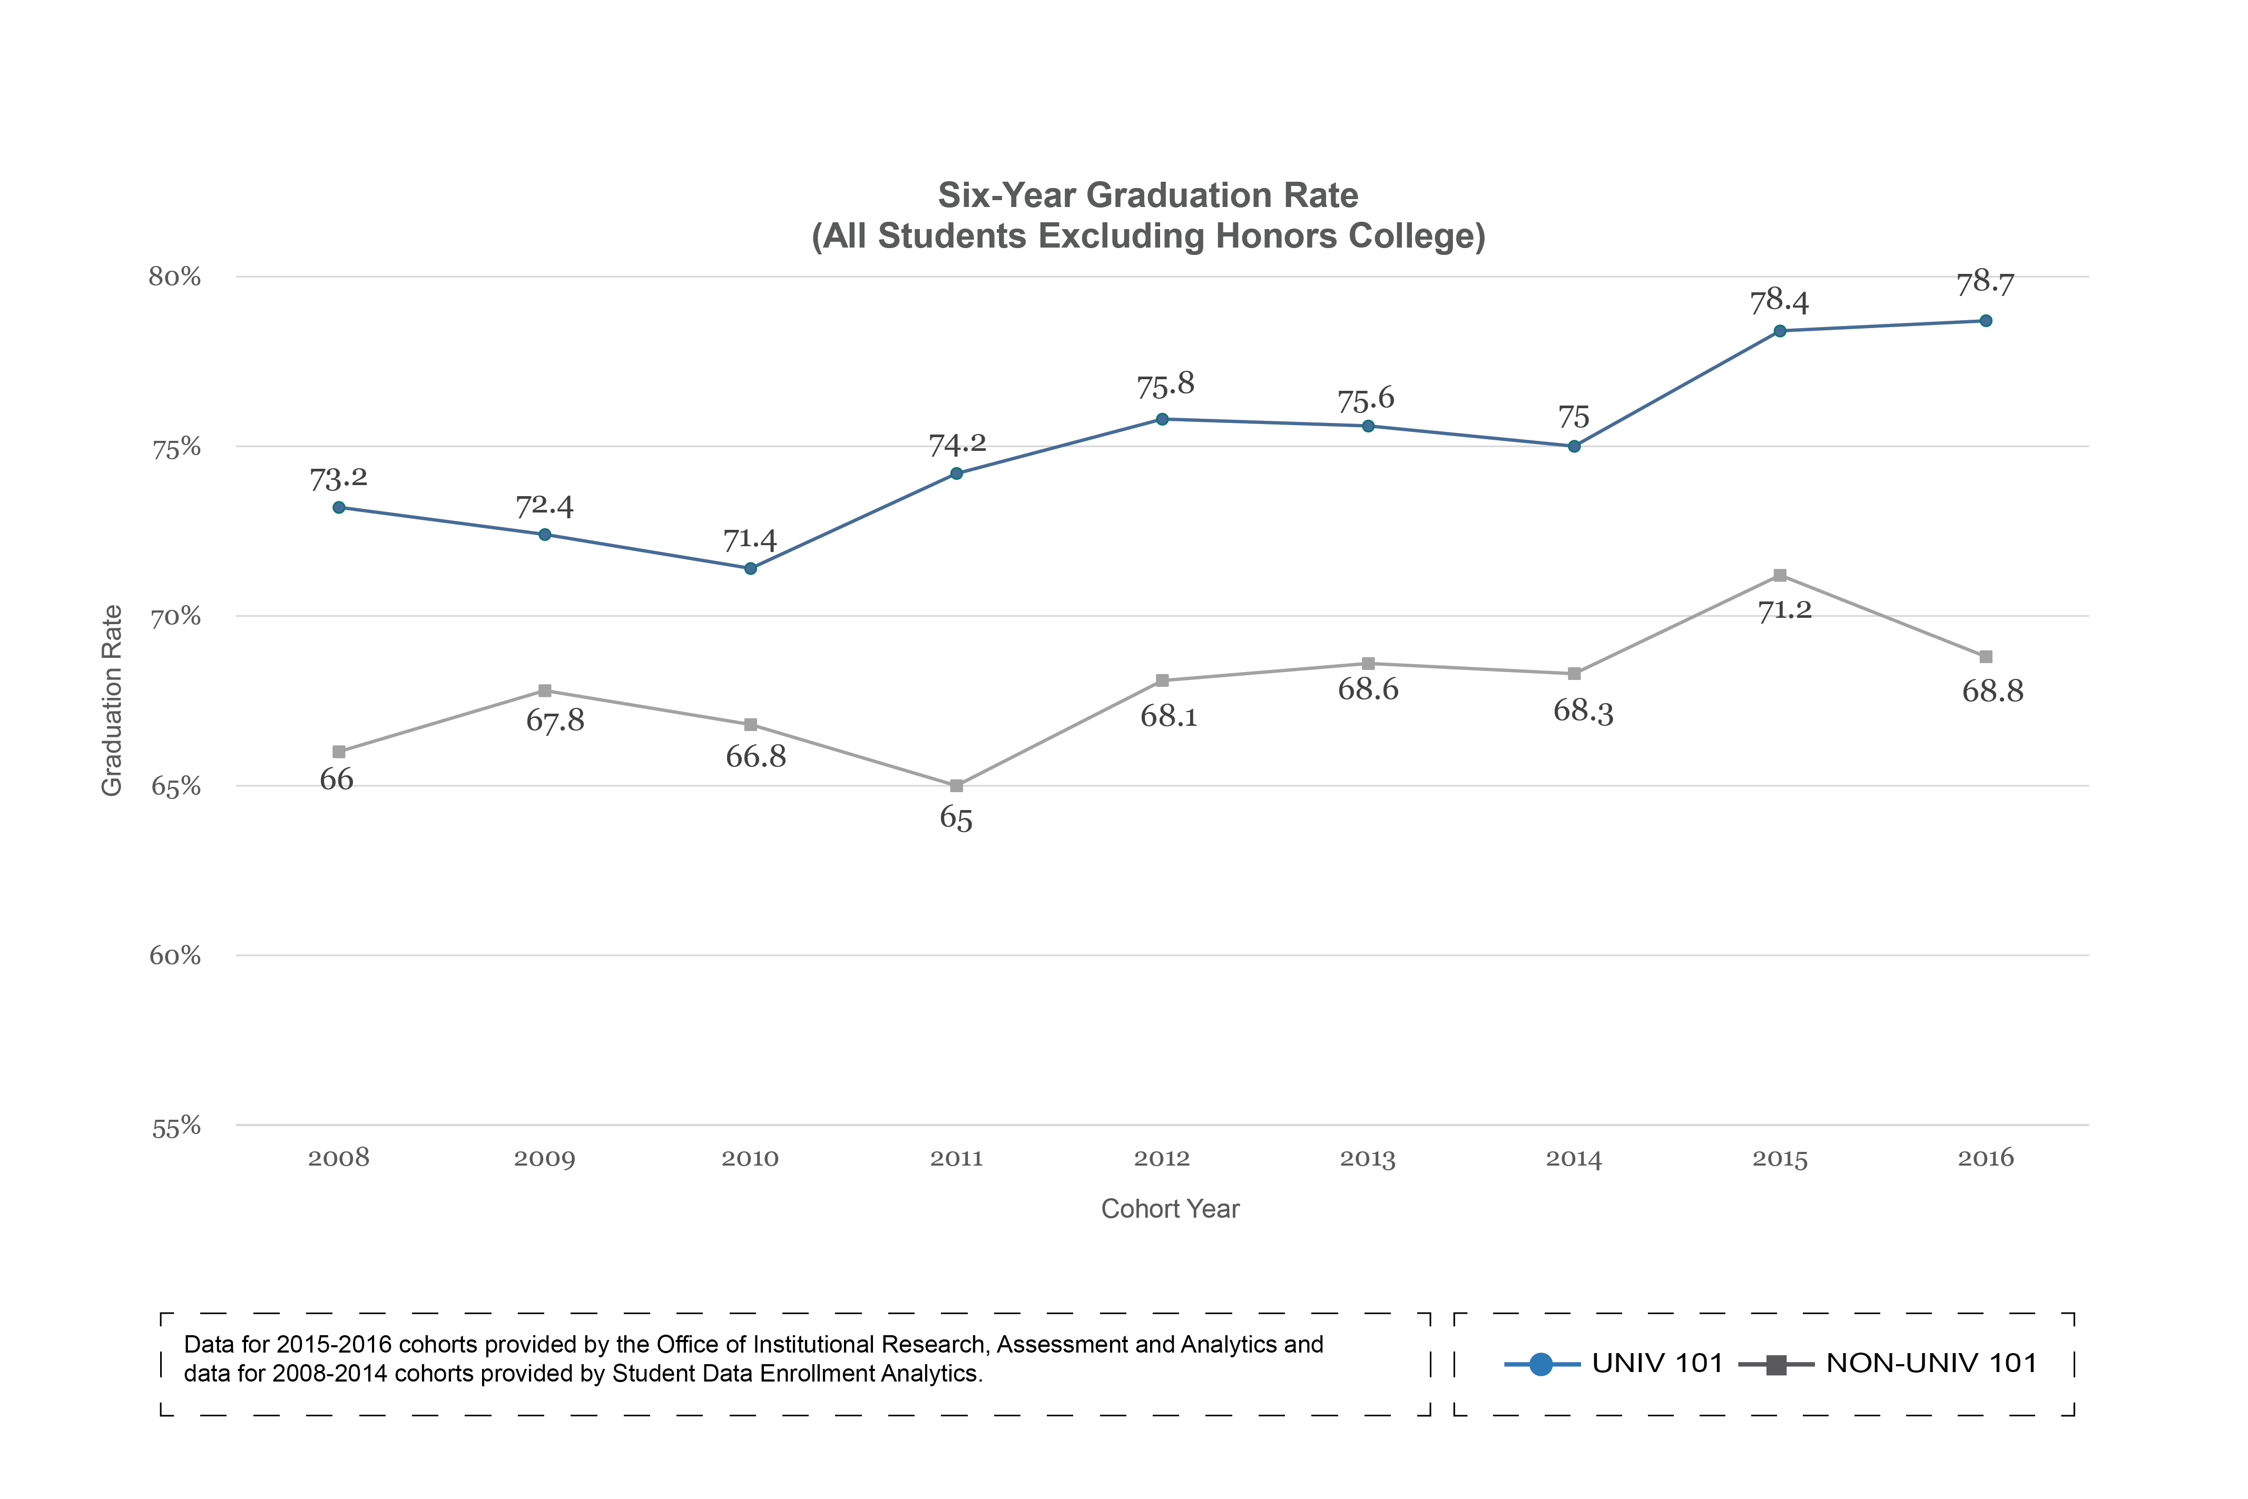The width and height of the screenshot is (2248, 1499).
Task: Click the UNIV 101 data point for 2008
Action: (x=339, y=508)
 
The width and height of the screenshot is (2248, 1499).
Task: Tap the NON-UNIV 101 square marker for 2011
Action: (x=956, y=786)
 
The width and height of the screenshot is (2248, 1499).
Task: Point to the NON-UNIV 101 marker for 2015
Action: (x=1780, y=576)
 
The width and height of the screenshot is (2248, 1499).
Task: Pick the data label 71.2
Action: (x=1784, y=610)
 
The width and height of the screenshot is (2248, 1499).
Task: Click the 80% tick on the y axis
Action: (x=175, y=277)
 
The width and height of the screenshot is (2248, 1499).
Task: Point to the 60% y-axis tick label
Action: (x=175, y=956)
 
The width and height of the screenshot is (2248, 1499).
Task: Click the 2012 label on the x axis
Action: (x=1162, y=1159)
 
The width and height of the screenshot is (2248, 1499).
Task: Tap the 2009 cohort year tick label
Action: (x=544, y=1159)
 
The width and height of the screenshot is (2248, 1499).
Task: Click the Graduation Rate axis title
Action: (x=112, y=701)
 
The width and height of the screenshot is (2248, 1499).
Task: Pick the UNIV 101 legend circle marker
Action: (x=1540, y=1364)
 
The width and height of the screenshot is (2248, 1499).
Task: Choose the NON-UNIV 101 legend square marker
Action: (x=1775, y=1364)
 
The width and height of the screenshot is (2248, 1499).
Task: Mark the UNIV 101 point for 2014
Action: (x=1574, y=447)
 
